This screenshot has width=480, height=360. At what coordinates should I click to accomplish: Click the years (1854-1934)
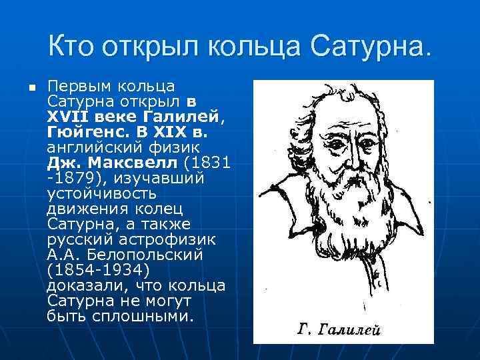(x=99, y=270)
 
